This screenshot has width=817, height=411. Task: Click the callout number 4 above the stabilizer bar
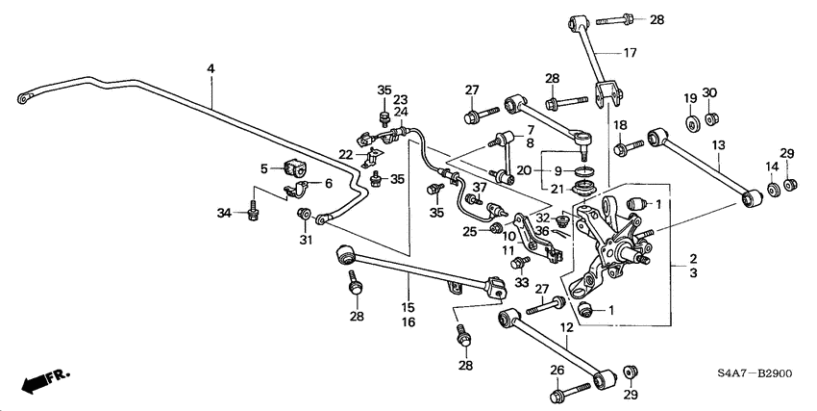[x=210, y=69]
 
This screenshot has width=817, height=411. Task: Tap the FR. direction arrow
[x=44, y=380]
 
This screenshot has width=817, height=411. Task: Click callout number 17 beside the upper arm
[x=630, y=53]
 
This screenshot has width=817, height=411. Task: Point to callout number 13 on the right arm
[x=717, y=145]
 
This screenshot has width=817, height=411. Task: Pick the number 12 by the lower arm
[x=566, y=329]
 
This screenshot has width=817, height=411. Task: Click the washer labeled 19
[x=690, y=123]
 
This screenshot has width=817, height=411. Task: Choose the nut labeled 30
[x=710, y=119]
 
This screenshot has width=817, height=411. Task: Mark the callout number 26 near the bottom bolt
[x=556, y=371]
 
